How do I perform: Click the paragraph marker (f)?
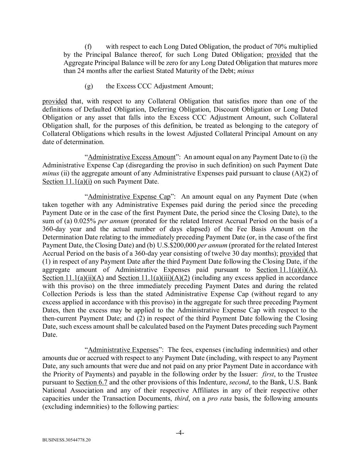click(x=88, y=46)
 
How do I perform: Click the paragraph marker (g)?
click(x=88, y=86)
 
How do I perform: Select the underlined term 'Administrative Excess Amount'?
click(x=132, y=157)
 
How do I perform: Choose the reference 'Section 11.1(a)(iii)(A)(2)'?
click(x=154, y=278)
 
